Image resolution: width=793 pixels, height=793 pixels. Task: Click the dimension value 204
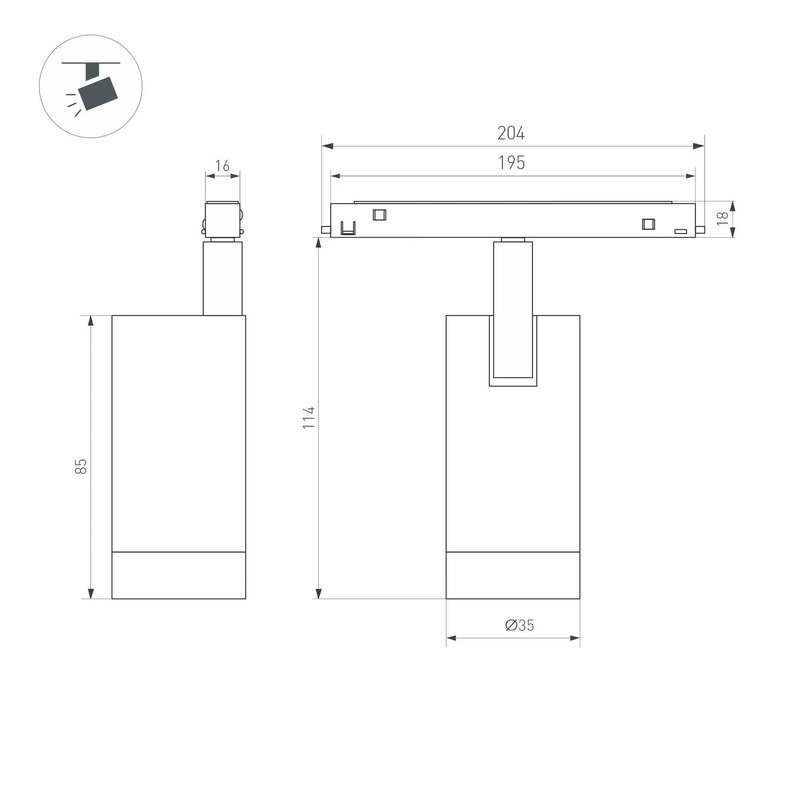511,133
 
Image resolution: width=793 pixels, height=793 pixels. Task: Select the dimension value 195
511,163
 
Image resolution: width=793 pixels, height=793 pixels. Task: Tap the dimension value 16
222,166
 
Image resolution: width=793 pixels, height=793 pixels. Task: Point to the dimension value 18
722,218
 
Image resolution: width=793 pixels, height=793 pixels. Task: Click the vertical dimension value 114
308,418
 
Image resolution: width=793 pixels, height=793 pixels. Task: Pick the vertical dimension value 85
81,466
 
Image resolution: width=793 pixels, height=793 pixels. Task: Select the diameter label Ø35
519,625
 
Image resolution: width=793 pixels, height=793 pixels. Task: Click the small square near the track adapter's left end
379,215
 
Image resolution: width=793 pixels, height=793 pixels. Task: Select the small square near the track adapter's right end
648,224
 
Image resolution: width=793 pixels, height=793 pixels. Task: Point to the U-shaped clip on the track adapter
348,228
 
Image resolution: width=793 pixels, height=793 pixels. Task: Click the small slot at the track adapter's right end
681,231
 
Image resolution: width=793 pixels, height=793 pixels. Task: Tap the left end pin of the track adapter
325,230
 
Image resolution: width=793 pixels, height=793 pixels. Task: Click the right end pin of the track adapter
700,230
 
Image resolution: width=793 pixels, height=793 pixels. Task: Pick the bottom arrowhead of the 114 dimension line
318,594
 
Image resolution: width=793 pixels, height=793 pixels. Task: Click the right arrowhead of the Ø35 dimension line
575,638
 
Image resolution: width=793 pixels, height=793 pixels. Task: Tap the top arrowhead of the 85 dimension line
91,320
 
